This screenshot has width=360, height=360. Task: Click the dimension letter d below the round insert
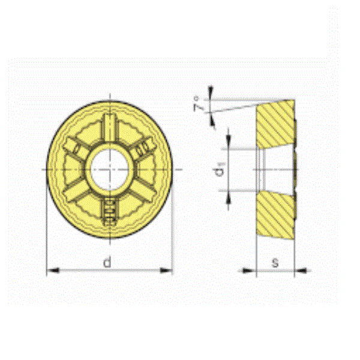(107, 262)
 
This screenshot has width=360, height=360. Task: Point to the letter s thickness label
(275, 262)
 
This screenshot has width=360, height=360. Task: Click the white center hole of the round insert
(109, 169)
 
